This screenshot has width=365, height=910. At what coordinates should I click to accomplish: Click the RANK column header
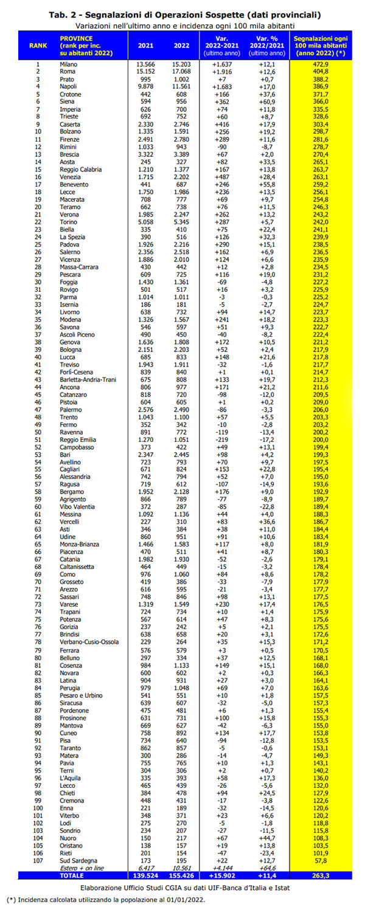point(38,46)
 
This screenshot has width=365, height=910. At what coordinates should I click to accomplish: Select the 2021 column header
point(145,46)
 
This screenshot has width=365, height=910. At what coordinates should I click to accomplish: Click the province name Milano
point(69,64)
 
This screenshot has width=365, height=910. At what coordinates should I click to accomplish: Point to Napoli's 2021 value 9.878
point(145,86)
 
